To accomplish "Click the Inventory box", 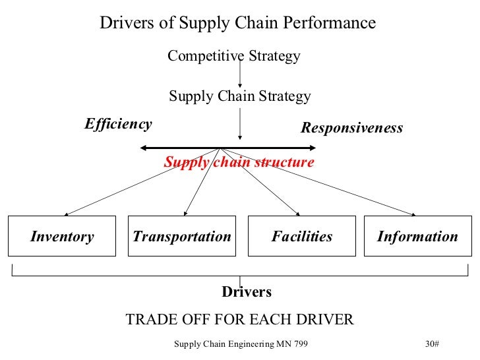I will (x=62, y=236).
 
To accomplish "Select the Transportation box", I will (x=182, y=236).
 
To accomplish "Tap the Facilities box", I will (x=302, y=236).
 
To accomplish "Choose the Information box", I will (x=417, y=236).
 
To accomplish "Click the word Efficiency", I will (x=118, y=124).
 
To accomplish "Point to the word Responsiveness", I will (x=351, y=128).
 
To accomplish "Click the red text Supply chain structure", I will (x=239, y=162).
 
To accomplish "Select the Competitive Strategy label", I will (x=233, y=56).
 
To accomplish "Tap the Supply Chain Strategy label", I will (x=239, y=96).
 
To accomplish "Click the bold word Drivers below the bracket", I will (x=246, y=291).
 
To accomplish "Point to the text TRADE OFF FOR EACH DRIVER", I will (x=239, y=320).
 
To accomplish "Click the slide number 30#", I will (x=433, y=344).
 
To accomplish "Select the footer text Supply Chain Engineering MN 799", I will (x=241, y=344).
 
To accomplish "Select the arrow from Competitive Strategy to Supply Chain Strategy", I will (x=239, y=74).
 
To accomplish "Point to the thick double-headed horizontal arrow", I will (x=165, y=148).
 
